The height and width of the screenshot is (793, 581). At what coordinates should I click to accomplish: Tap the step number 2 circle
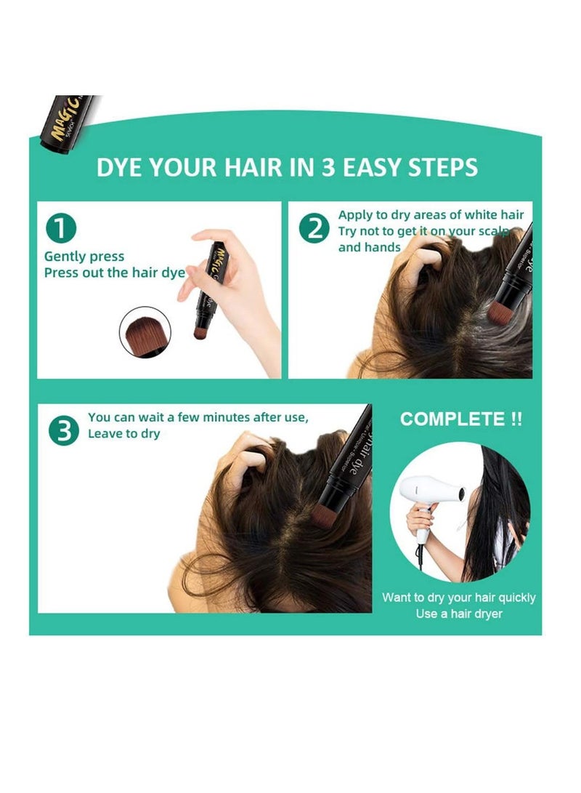pyautogui.click(x=314, y=230)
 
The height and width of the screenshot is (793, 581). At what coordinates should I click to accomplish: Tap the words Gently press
pyautogui.click(x=84, y=257)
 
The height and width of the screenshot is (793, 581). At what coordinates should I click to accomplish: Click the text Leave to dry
pyautogui.click(x=123, y=433)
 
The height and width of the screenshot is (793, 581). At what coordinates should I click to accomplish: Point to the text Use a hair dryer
pyautogui.click(x=458, y=614)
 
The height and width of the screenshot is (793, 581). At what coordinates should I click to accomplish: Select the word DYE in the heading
pyautogui.click(x=120, y=167)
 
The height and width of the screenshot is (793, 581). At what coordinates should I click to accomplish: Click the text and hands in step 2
pyautogui.click(x=369, y=247)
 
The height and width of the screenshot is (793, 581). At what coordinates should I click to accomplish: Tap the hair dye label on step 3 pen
pyautogui.click(x=353, y=454)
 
